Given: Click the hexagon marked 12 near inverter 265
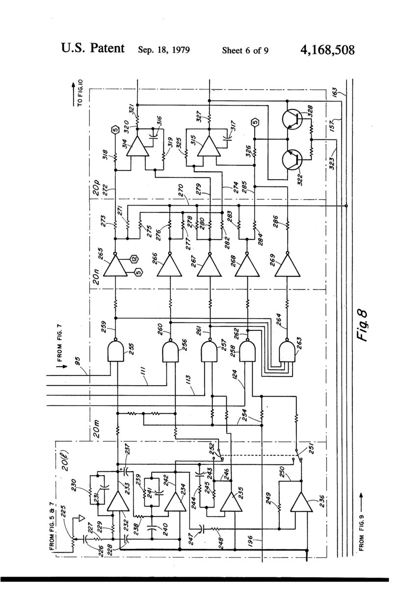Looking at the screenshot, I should [133, 258].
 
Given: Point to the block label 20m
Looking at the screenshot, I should [97, 431].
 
